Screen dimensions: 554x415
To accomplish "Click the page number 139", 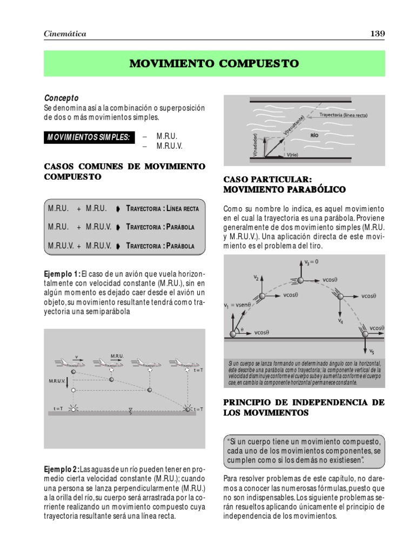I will click(377, 34).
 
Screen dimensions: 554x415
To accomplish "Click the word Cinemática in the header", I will click(65, 34).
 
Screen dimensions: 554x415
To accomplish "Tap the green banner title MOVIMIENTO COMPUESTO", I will click(214, 64).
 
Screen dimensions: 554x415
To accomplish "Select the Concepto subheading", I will click(61, 98).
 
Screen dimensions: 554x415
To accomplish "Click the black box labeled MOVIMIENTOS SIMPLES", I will click(89, 137).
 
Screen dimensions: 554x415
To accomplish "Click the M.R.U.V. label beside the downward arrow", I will click(57, 381).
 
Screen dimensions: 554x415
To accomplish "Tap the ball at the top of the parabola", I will click(300, 280).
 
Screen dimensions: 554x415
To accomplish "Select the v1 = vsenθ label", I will click(236, 305).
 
